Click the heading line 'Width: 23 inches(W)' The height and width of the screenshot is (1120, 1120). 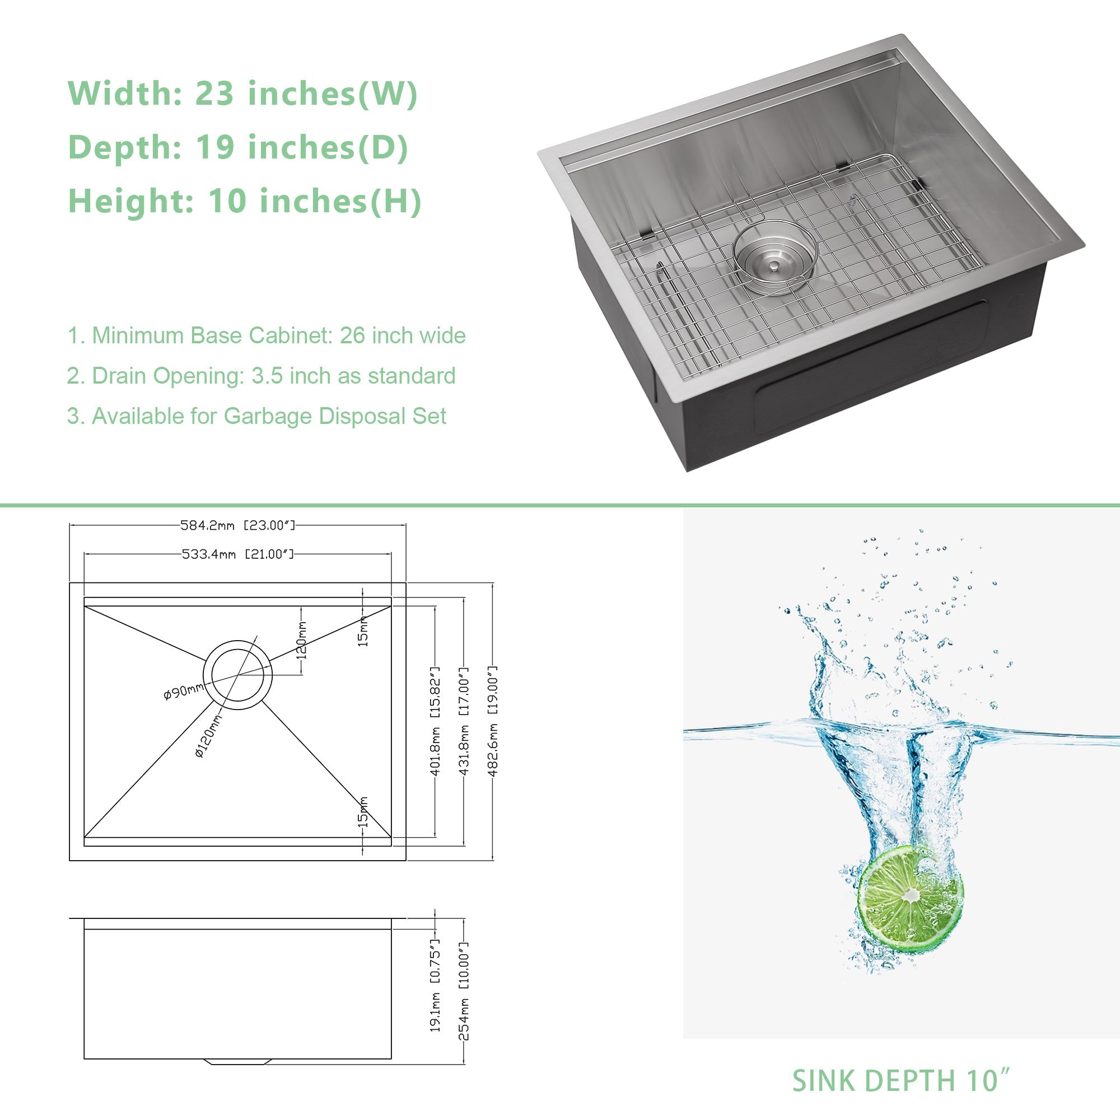pyautogui.click(x=242, y=94)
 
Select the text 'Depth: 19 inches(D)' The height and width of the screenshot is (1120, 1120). pyautogui.click(x=238, y=147)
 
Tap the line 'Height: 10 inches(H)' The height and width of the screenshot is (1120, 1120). pyautogui.click(x=245, y=200)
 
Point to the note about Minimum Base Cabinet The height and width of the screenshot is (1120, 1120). pyautogui.click(x=267, y=335)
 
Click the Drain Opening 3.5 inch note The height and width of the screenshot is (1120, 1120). pyautogui.click(x=261, y=376)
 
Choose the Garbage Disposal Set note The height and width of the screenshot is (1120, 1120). pyautogui.click(x=257, y=416)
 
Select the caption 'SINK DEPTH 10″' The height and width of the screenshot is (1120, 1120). pyautogui.click(x=901, y=1081)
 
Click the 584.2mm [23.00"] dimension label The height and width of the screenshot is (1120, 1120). pyautogui.click(x=237, y=525)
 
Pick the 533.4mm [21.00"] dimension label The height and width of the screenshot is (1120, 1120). pyautogui.click(x=237, y=554)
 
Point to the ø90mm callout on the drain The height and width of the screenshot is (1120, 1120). pyautogui.click(x=183, y=691)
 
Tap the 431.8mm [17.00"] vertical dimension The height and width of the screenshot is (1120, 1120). pyautogui.click(x=464, y=721)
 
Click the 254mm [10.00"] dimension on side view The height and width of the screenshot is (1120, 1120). pyautogui.click(x=464, y=990)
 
